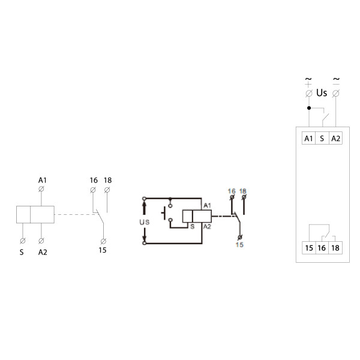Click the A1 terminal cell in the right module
point(308,138)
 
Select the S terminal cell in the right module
point(322,138)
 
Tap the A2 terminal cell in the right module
point(335,138)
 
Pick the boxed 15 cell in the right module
point(309,248)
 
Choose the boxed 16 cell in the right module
point(322,248)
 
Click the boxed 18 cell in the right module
point(335,248)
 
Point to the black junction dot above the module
point(309,108)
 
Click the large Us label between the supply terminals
point(322,93)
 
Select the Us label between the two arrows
point(145,222)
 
